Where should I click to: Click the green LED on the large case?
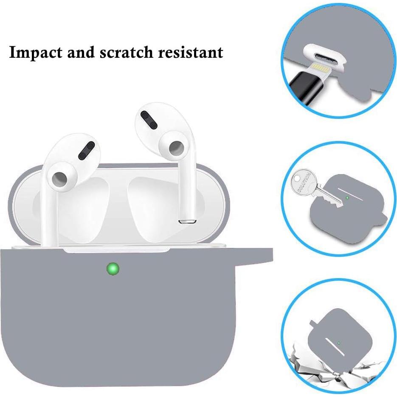[113, 268]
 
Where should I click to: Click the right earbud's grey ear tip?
[175, 148]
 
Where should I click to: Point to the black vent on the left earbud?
[88, 150]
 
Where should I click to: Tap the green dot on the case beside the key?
[347, 197]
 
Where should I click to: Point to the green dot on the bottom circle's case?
[338, 343]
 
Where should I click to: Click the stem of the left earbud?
[48, 217]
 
